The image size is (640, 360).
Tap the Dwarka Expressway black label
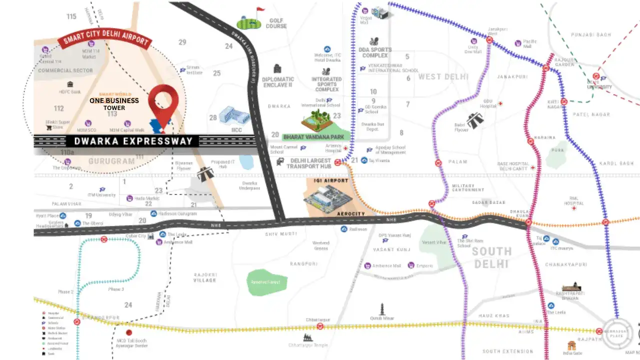point(133,141)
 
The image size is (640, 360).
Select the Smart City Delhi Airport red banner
point(104,41)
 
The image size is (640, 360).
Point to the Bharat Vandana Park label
point(313,136)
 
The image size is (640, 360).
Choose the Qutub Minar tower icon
point(382,308)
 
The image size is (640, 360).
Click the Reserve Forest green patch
point(267,282)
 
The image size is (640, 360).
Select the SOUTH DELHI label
point(492,257)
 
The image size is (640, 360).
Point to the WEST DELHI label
point(443,76)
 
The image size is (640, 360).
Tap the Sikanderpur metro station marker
point(77,321)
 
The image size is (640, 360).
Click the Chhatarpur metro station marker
point(320,326)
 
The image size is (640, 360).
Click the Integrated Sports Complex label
point(326,84)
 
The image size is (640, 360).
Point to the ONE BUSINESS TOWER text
point(114,104)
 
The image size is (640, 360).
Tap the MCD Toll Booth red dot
point(129,332)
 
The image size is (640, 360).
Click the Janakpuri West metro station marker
point(490,39)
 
